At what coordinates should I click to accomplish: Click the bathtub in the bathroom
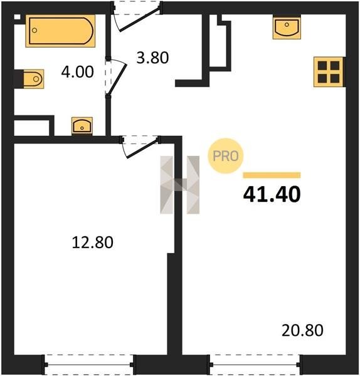coord(60,31)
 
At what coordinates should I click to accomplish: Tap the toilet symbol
coord(34,79)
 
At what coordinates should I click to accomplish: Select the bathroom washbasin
coord(82,126)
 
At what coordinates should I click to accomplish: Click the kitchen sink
coord(287,27)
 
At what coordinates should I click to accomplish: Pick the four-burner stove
coord(329,72)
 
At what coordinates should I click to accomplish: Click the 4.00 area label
coord(77,72)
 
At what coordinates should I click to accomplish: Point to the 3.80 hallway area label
coord(152,58)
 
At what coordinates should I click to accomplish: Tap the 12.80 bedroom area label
coord(93,242)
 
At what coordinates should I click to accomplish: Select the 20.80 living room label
coord(302,330)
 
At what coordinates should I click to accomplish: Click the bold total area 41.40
coord(272,194)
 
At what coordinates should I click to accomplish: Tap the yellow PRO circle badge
coord(226,156)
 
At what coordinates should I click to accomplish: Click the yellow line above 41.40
coord(272,175)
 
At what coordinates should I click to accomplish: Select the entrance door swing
coord(136,17)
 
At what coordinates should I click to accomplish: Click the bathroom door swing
coord(115,76)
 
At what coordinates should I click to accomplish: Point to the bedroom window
coord(89,365)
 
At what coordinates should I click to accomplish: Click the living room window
coord(255,365)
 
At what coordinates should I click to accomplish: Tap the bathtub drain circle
coord(34,31)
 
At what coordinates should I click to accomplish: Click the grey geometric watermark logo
coord(180,185)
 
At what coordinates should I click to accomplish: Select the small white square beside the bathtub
coord(17,18)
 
